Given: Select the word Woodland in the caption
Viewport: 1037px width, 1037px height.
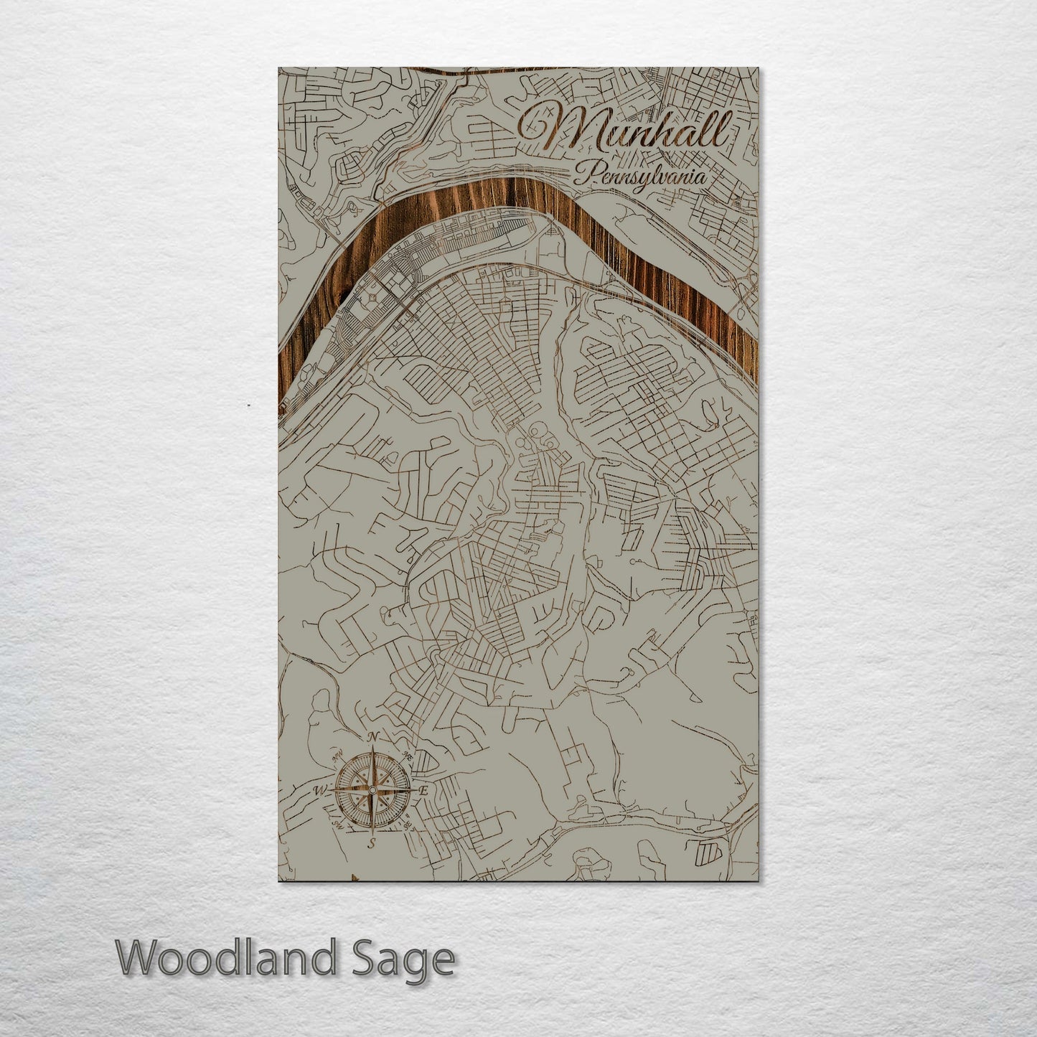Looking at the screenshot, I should pyautogui.click(x=225, y=958).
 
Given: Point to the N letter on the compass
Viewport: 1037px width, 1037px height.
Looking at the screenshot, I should pyautogui.click(x=372, y=737).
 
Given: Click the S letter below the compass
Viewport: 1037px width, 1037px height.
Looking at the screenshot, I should pyautogui.click(x=372, y=844).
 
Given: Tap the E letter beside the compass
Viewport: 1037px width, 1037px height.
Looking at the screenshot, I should pyautogui.click(x=423, y=791).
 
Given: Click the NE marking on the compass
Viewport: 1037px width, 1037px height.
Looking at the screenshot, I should pyautogui.click(x=408, y=754).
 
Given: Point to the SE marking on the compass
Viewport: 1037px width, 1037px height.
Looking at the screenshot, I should pyautogui.click(x=408, y=825).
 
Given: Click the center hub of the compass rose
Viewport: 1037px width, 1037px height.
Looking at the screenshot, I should pyautogui.click(x=372, y=790).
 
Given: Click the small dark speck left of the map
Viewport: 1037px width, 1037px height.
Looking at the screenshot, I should pyautogui.click(x=249, y=405).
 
